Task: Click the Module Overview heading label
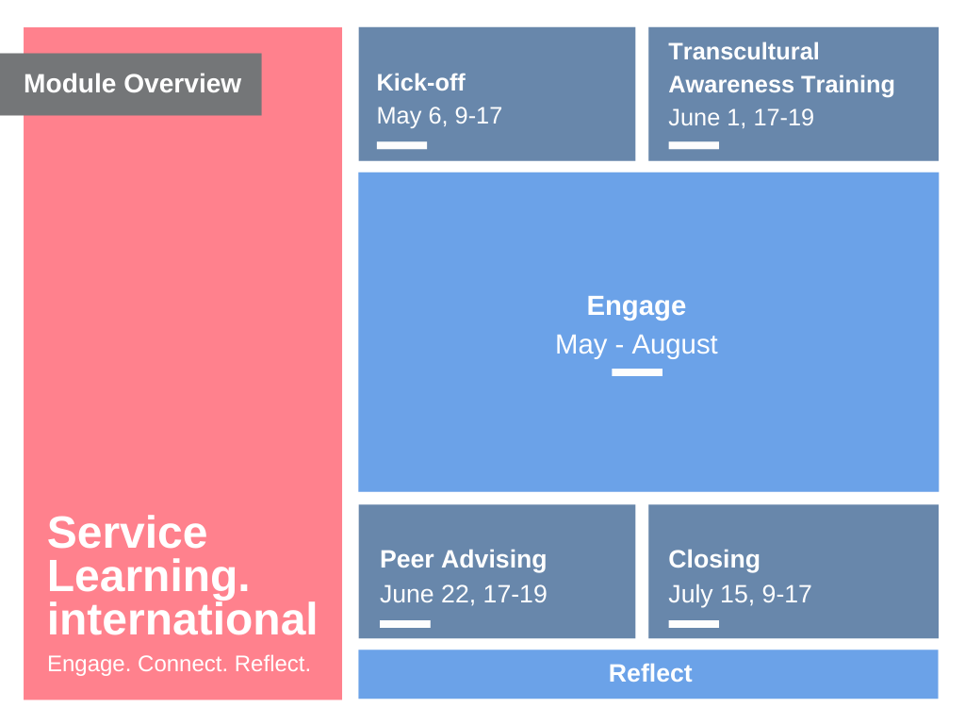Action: pyautogui.click(x=132, y=84)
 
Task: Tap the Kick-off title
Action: pyautogui.click(x=421, y=83)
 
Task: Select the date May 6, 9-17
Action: pyautogui.click(x=439, y=116)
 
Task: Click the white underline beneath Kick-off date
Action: pyautogui.click(x=401, y=145)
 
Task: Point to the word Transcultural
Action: pyautogui.click(x=744, y=51)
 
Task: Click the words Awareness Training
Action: pyautogui.click(x=781, y=84)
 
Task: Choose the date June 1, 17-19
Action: pyautogui.click(x=741, y=117)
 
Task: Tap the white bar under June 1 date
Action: pyautogui.click(x=694, y=145)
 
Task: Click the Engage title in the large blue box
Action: pyautogui.click(x=636, y=306)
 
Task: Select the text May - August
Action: pyautogui.click(x=636, y=344)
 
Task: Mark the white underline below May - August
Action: pyautogui.click(x=637, y=372)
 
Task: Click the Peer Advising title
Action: pyautogui.click(x=464, y=560)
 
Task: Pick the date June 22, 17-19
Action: pyautogui.click(x=464, y=594)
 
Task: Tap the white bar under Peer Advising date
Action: pyautogui.click(x=405, y=624)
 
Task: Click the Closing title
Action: pyautogui.click(x=714, y=560)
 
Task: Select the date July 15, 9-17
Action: pyautogui.click(x=740, y=594)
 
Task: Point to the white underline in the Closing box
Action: pyautogui.click(x=694, y=624)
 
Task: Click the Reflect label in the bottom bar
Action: pyautogui.click(x=650, y=673)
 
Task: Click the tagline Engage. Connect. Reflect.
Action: pyautogui.click(x=179, y=664)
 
